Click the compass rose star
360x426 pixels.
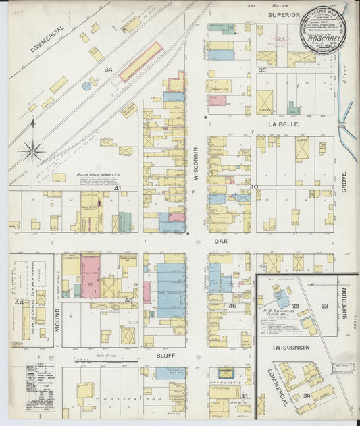pyautogui.click(x=32, y=151)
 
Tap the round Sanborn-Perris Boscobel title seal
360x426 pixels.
pyautogui.click(x=322, y=30)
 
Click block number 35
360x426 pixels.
pyautogui.click(x=263, y=70)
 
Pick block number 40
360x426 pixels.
pyautogui.click(x=254, y=187)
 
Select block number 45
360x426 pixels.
pyautogui.click(x=128, y=300)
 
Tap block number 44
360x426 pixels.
pyautogui.click(x=18, y=302)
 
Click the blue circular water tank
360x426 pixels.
pyautogui.click(x=86, y=86)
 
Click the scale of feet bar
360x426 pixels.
pyautogui.click(x=101, y=361)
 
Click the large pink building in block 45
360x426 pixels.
pyautogui.click(x=91, y=276)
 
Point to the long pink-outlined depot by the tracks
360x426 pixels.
pyautogui.click(x=140, y=62)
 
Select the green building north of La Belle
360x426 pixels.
pyautogui.click(x=292, y=109)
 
